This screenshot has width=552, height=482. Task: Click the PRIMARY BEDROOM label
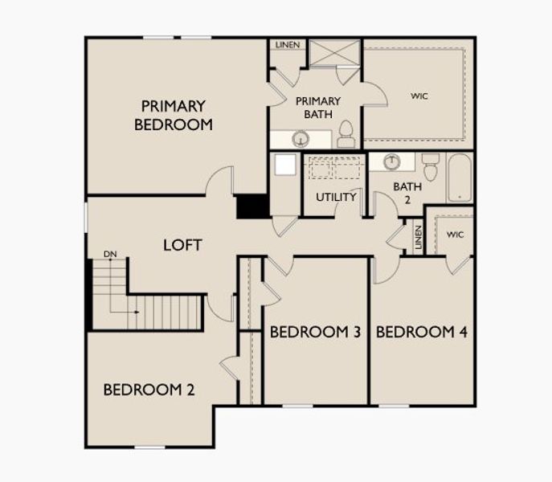coord(174,115)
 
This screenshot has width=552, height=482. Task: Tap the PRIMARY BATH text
coord(318,108)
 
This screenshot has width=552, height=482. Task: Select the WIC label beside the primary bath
coord(419,96)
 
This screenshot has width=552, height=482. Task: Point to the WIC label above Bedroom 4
coord(456,235)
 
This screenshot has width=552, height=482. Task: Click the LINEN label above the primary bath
coord(287,45)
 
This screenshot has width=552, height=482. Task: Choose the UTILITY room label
coord(336,197)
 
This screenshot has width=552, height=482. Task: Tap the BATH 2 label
coord(407,193)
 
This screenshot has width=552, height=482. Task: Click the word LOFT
coord(182,245)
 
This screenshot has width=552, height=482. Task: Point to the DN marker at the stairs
coord(110,255)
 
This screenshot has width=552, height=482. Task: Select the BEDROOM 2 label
coord(149,390)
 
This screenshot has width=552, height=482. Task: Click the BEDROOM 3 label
coord(314,332)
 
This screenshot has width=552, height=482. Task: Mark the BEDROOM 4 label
coord(422,332)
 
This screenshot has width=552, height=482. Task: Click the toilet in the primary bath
coord(346,135)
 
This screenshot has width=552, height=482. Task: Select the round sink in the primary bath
coord(301,139)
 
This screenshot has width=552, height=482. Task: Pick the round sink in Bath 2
coord(391,161)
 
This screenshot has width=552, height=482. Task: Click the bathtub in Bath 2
coord(460,178)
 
